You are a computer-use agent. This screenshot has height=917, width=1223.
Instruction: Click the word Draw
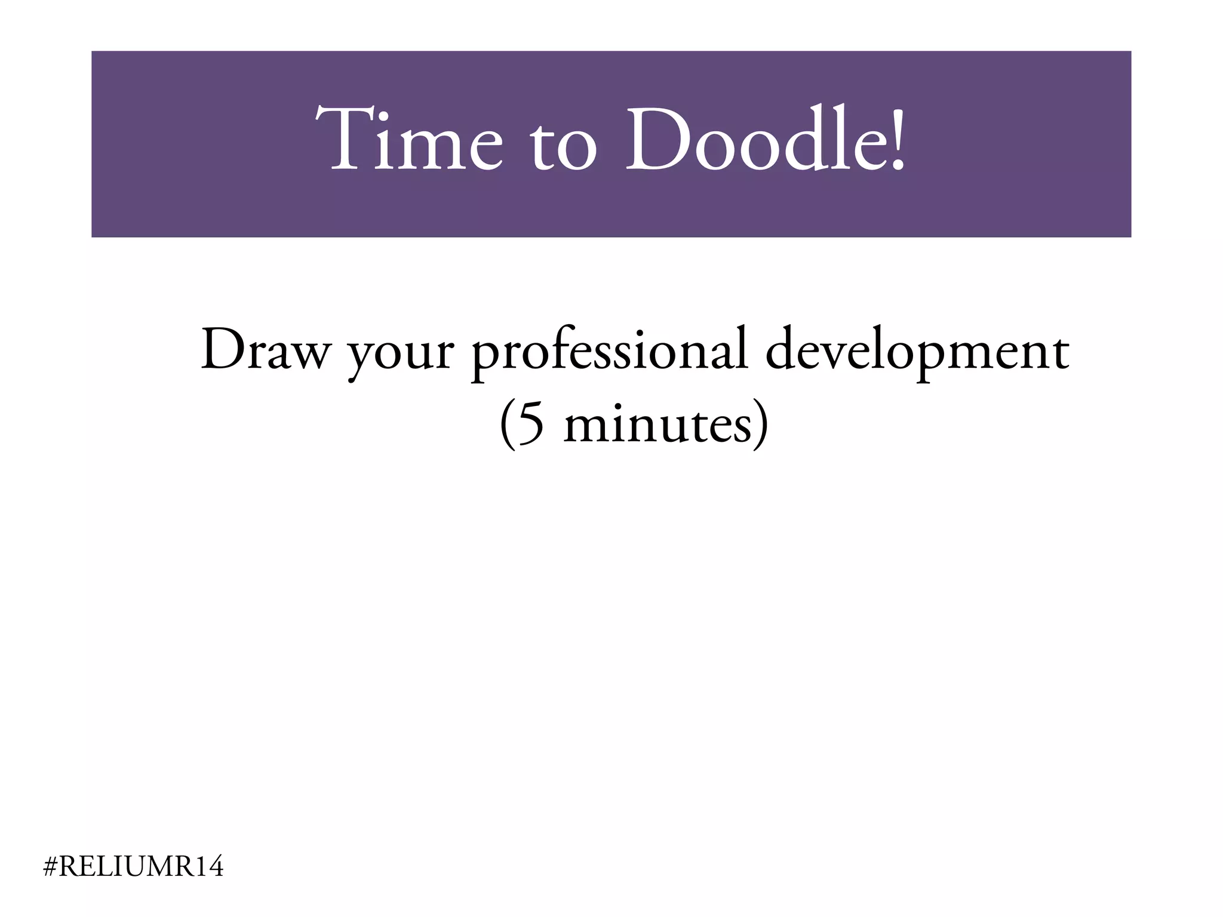(265, 350)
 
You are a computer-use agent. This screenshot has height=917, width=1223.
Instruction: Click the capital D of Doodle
(657, 139)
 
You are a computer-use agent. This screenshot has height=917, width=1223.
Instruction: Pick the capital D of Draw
(222, 350)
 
